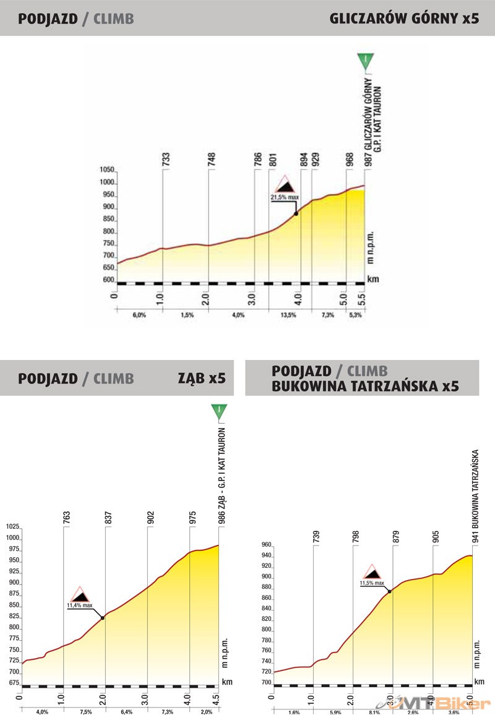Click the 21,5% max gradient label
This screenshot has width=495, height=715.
pyautogui.click(x=285, y=197)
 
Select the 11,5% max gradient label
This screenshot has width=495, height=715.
pyautogui.click(x=372, y=583)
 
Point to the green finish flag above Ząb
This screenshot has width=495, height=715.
pyautogui.click(x=218, y=411)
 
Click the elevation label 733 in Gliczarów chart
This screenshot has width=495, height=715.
pyautogui.click(x=166, y=159)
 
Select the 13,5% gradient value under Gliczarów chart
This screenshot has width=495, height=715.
pyautogui.click(x=289, y=315)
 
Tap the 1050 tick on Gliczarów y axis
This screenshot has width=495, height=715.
pyautogui.click(x=108, y=170)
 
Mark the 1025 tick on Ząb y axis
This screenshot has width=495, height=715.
pyautogui.click(x=13, y=527)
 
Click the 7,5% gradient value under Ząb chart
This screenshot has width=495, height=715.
pyautogui.click(x=85, y=712)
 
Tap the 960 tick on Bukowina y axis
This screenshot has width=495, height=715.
pyautogui.click(x=266, y=545)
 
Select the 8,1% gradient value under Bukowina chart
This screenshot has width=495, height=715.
pyautogui.click(x=374, y=712)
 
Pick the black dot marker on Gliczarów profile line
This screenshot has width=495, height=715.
pyautogui.click(x=296, y=213)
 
